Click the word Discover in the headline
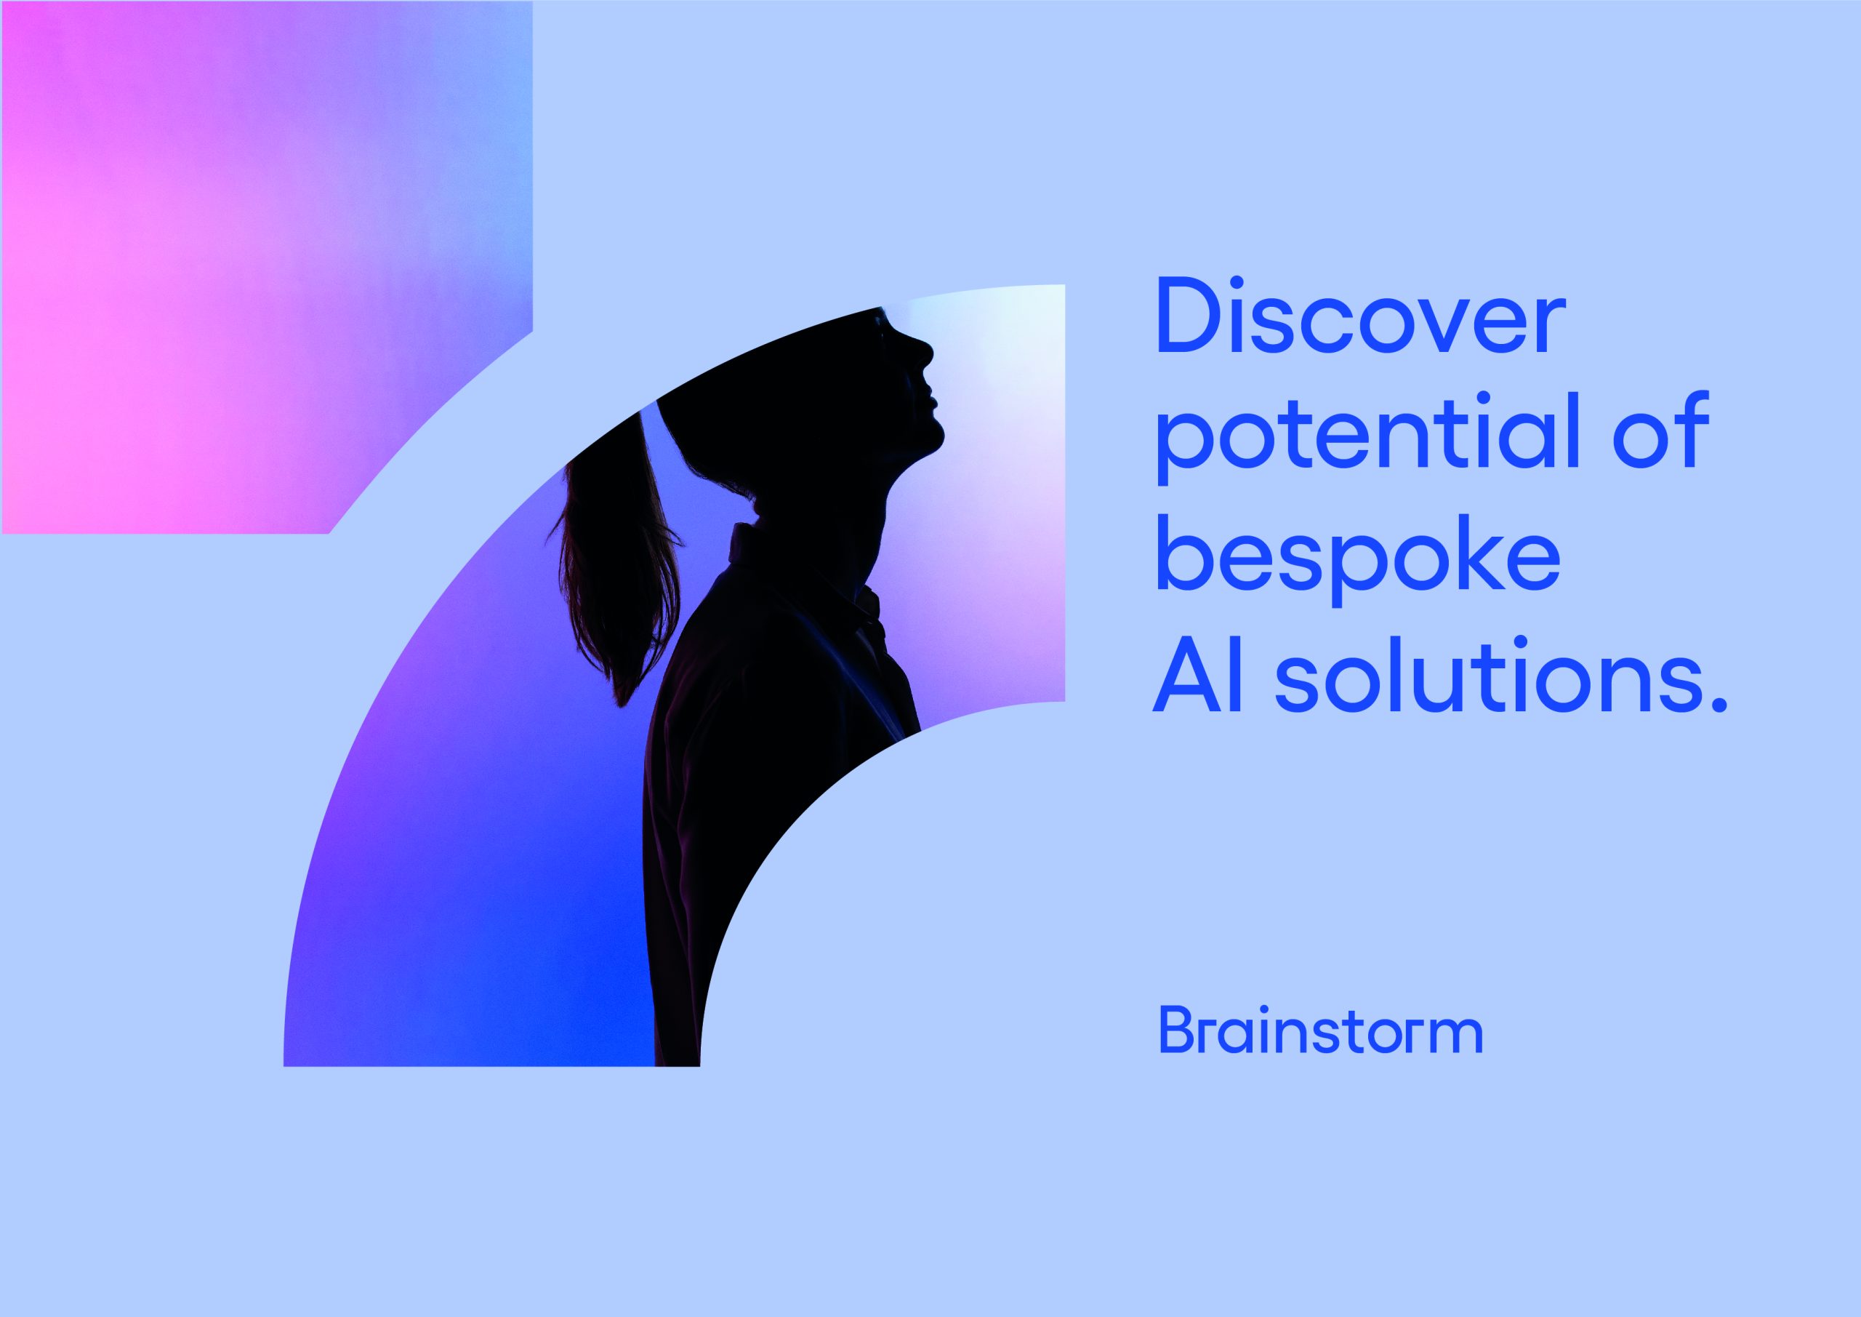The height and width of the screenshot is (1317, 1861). (1360, 318)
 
